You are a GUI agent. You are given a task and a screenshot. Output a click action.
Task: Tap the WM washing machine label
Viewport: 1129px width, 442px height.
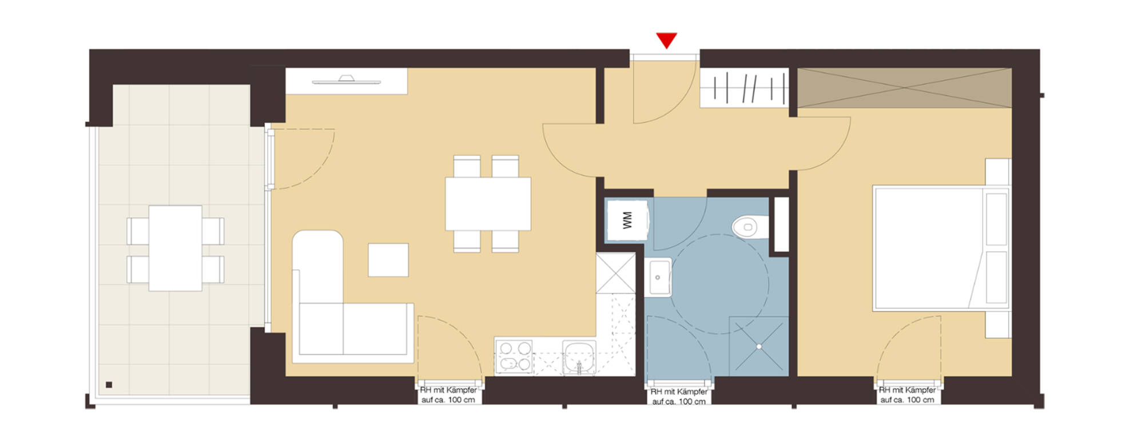click(x=627, y=220)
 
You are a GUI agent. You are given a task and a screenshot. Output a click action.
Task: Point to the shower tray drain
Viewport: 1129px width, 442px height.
click(x=759, y=346)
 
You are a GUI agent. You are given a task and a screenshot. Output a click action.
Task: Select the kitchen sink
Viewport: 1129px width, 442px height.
click(x=579, y=357)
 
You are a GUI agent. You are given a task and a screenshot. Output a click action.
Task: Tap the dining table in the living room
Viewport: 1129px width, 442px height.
click(x=488, y=204)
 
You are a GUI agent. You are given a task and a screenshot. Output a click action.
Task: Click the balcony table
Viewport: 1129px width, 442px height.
click(x=175, y=248)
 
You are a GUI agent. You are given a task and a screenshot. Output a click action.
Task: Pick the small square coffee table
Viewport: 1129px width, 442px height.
click(x=388, y=260)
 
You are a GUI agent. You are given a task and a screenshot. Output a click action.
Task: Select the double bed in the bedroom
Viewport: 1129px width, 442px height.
click(x=941, y=247)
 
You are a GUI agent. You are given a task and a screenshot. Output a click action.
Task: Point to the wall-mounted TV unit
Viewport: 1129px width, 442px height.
click(x=347, y=81)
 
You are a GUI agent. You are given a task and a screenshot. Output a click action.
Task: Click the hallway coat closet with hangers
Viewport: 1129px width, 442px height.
click(x=744, y=88)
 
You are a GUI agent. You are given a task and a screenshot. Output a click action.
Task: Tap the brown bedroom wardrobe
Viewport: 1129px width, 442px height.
click(x=904, y=88)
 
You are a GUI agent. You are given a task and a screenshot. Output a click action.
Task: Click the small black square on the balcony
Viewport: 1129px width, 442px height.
click(x=109, y=385)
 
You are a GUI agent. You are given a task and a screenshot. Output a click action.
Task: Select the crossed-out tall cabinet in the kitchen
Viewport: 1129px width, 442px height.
click(x=615, y=273)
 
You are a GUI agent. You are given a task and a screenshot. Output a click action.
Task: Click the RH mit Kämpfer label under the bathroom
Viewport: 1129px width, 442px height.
click(x=679, y=397)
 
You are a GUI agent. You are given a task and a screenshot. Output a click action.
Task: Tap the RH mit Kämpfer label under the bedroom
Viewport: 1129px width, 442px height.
click(x=907, y=395)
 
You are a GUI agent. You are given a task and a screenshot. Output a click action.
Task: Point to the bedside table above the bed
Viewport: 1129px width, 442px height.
click(x=997, y=172)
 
